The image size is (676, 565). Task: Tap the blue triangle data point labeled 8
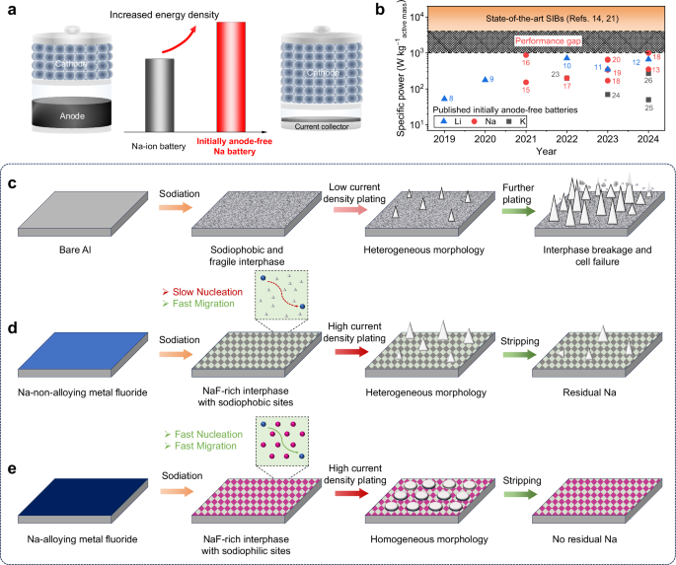(444, 98)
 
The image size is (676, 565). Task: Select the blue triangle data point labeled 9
(485, 79)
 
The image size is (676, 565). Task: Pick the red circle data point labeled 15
(526, 82)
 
